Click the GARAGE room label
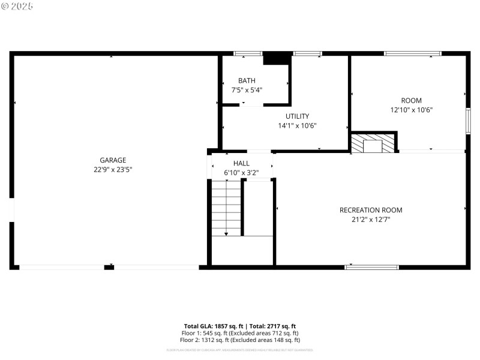(113, 160)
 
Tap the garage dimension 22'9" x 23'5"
(113, 170)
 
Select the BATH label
(247, 80)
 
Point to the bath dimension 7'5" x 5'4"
(247, 90)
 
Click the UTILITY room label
(297, 116)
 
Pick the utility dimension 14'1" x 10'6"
(297, 126)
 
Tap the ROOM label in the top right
(411, 100)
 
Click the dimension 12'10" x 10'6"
(411, 110)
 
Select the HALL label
(242, 163)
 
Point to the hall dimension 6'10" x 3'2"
(242, 173)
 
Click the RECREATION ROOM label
(371, 210)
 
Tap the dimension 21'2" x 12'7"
(371, 220)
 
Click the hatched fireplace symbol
(373, 142)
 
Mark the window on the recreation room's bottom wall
(371, 267)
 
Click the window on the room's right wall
(468, 120)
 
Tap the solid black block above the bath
(277, 58)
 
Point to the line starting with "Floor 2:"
(240, 340)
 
